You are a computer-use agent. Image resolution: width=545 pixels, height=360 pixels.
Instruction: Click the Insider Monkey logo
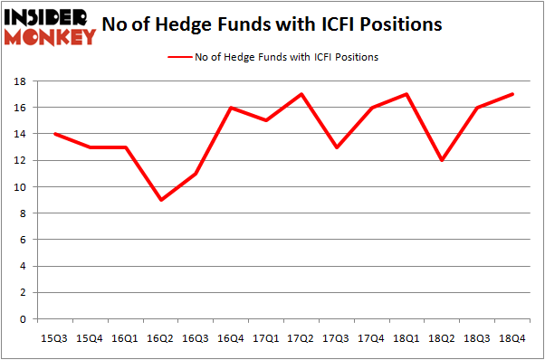click(x=51, y=25)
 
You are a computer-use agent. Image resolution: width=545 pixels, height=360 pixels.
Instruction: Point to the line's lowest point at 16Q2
click(x=161, y=200)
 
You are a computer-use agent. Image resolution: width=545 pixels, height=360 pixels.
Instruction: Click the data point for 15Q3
click(x=57, y=134)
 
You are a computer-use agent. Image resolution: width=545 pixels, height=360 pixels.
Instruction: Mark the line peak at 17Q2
click(x=301, y=94)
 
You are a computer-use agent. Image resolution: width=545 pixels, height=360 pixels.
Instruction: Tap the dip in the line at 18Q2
click(x=441, y=160)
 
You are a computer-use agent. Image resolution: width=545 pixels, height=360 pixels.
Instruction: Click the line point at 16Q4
click(x=231, y=108)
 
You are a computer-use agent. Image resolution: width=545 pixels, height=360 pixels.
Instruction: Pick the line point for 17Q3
click(x=336, y=147)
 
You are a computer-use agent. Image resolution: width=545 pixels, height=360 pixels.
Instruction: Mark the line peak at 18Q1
click(x=406, y=94)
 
